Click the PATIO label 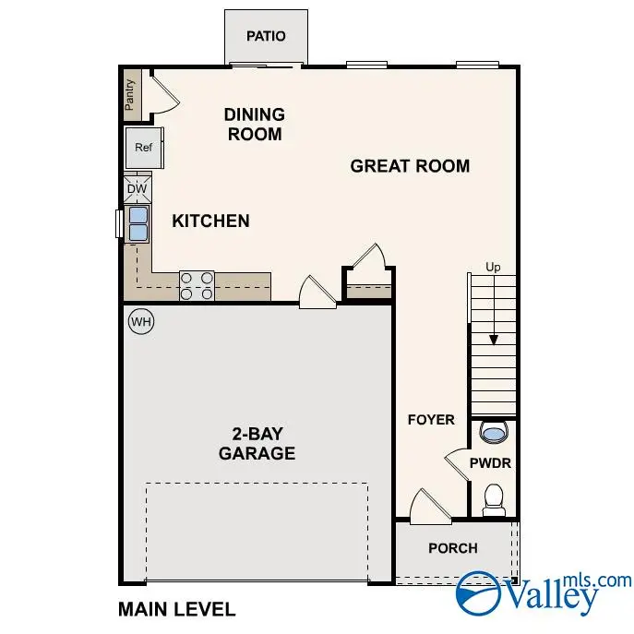266,36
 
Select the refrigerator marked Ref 143,148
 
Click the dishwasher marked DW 137,189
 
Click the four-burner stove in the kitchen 197,285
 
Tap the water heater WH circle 140,321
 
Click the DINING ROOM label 254,124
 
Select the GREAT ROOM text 410,166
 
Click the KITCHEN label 210,221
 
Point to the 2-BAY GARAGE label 257,444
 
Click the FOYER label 431,420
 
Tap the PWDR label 489,462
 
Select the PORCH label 453,548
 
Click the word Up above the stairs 494,268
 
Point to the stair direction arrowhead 494,340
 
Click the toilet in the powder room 493,499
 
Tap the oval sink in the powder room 494,432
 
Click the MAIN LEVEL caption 176,609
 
